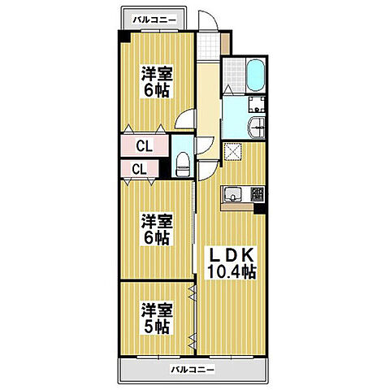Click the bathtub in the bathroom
256,76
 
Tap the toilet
183,165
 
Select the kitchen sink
232,195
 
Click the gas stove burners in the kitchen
257,194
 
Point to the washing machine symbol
257,105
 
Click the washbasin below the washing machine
256,128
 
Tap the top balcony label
154,19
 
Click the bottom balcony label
193,369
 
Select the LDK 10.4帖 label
232,263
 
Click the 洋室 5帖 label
157,318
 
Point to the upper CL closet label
145,146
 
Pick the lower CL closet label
139,169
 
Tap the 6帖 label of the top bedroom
156,91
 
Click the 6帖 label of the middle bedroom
156,238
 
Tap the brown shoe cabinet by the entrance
225,43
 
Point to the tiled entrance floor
208,46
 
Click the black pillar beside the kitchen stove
259,209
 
